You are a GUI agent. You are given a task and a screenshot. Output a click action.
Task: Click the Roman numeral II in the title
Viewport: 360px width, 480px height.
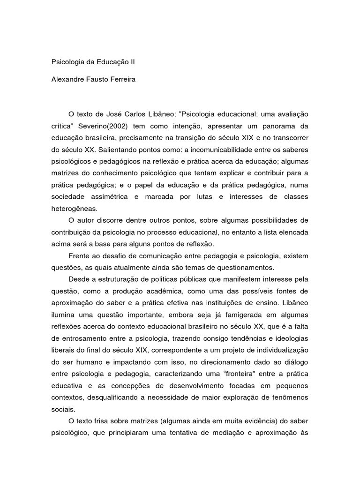[132, 62]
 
